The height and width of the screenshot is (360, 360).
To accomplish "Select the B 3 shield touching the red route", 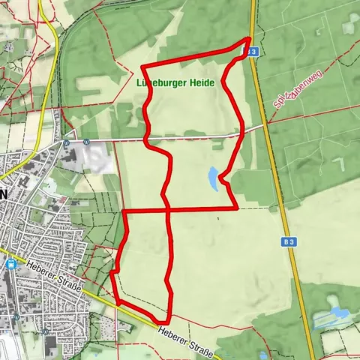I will point(253,52).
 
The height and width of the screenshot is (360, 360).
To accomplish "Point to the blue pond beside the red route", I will point(214,178).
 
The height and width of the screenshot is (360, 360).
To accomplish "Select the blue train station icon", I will point(10,264).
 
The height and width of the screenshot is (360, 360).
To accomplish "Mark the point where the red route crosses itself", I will point(169,210).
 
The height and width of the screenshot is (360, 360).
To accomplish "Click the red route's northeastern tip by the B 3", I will point(249,39).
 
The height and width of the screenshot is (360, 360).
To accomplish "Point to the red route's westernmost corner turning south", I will point(123,212).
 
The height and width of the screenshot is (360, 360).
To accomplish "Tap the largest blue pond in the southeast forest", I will point(335,310).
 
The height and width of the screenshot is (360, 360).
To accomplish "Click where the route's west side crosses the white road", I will point(146,139).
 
